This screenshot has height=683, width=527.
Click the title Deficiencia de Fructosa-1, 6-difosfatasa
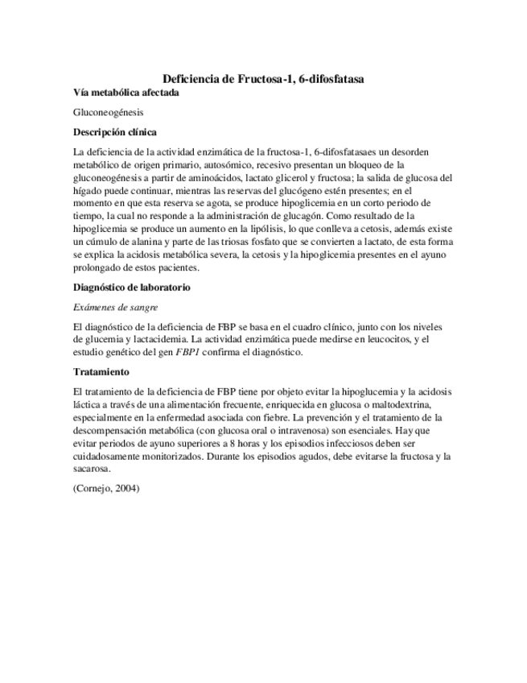(263, 79)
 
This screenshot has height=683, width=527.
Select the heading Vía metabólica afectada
(126, 93)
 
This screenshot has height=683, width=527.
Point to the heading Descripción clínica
(114, 132)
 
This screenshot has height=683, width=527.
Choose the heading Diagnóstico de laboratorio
(131, 288)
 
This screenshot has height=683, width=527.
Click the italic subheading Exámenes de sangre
(115, 307)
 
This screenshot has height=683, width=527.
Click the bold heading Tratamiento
(100, 372)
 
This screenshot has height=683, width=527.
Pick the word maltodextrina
(418, 404)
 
